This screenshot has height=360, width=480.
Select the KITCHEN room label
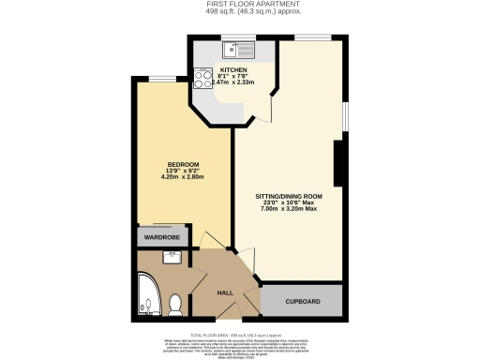(x=233, y=69)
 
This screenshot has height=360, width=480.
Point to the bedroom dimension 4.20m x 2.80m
(x=183, y=176)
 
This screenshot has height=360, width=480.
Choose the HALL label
(x=225, y=293)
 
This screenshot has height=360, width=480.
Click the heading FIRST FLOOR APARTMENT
(x=239, y=4)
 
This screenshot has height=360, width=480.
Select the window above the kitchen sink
(x=231, y=37)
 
